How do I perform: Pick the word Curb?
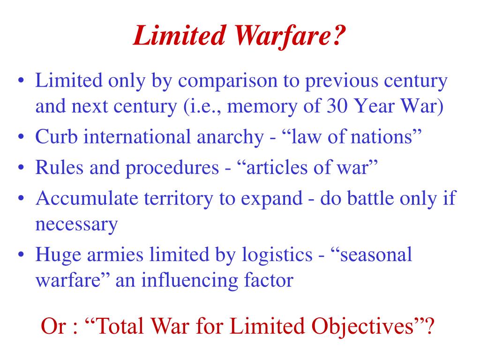pos(54,137)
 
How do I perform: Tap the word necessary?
pos(76,225)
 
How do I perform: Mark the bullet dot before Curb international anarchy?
pos(22,138)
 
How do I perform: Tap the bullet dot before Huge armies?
pos(22,255)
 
